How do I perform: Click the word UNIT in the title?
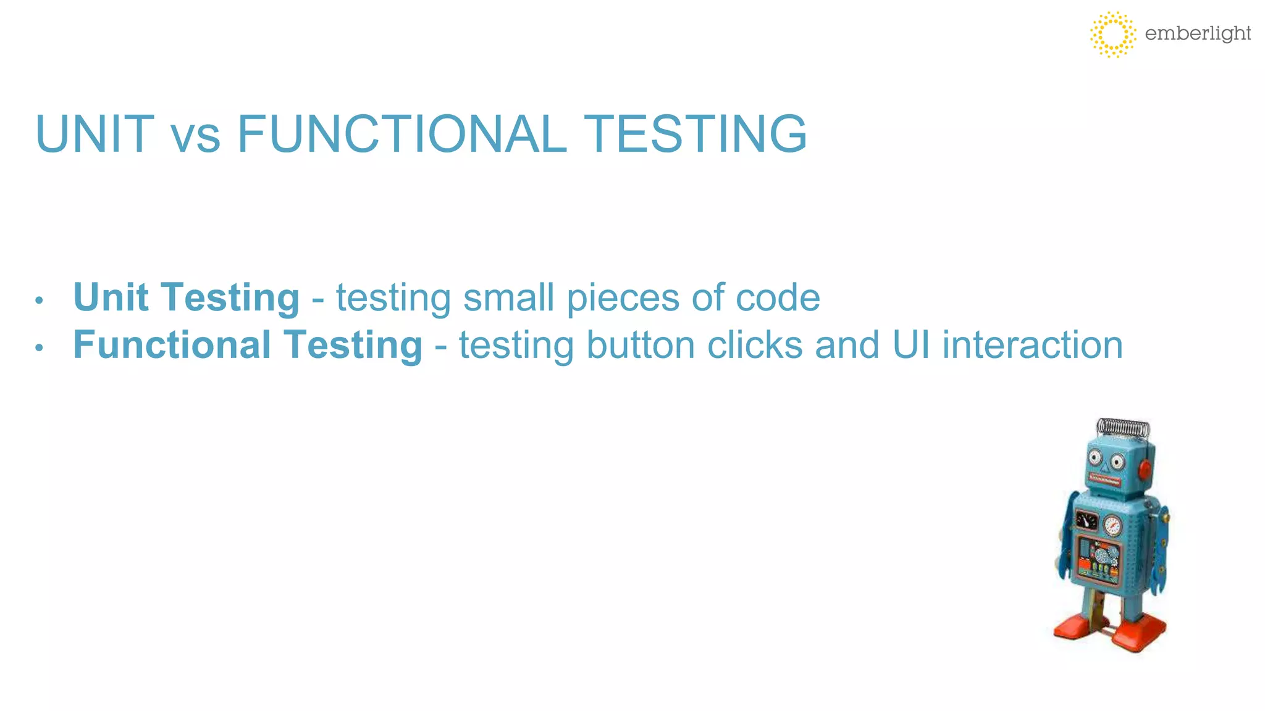(x=95, y=134)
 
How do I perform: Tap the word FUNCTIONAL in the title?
(x=401, y=134)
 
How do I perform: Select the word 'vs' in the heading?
(x=195, y=139)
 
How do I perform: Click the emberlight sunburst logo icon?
(x=1112, y=35)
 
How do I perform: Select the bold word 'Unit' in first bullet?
(x=111, y=297)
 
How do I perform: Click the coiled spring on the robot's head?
(x=1123, y=428)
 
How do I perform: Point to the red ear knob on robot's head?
(x=1145, y=470)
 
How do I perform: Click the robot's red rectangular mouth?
(x=1105, y=480)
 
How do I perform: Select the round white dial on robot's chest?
(x=1112, y=525)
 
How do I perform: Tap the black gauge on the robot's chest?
(x=1086, y=519)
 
